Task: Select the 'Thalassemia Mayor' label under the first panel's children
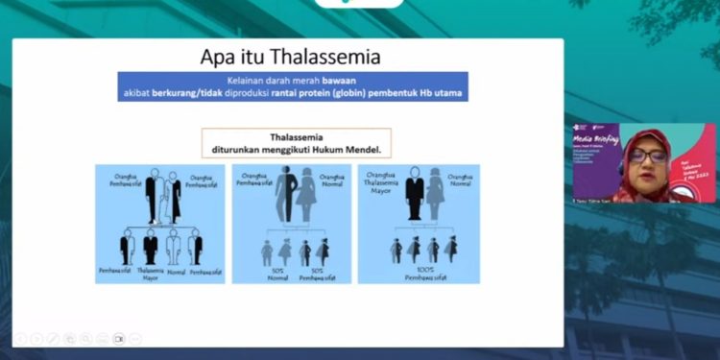(150, 275)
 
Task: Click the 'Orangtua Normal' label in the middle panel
(331, 180)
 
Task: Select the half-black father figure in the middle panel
(286, 198)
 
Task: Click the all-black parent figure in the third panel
(414, 198)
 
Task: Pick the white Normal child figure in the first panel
(174, 249)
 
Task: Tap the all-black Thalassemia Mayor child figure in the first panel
(151, 249)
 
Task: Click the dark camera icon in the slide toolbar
(119, 338)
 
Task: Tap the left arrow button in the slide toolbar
(19, 338)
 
